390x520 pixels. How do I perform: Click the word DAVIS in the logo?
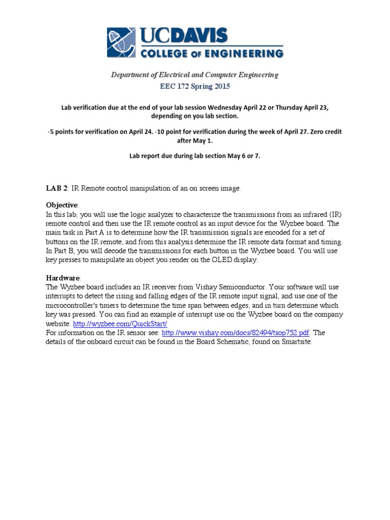[x=198, y=35]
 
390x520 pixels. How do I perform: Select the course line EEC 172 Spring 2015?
[x=195, y=86]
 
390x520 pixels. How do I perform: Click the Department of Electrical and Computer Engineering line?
[x=195, y=75]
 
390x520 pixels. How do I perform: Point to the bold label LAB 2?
[x=57, y=188]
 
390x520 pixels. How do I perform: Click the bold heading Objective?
[x=62, y=205]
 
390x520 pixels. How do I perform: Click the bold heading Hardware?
[x=63, y=278]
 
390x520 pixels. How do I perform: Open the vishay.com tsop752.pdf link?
[x=236, y=333]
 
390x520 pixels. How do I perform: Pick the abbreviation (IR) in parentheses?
[x=337, y=214]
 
